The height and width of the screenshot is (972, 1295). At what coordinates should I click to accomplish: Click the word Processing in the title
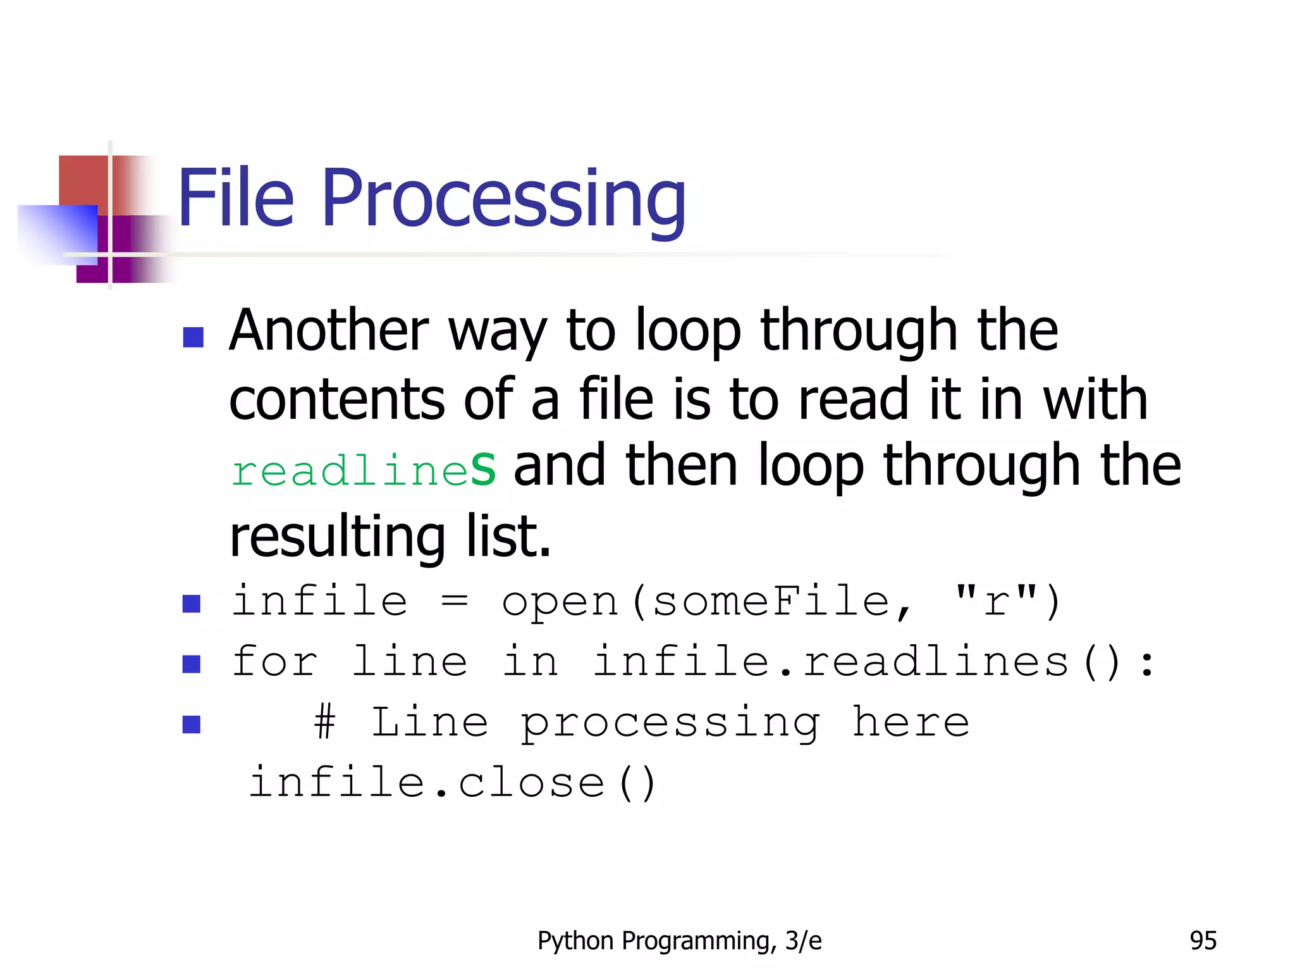pyautogui.click(x=504, y=199)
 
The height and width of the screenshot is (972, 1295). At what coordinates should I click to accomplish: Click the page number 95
pyautogui.click(x=1203, y=941)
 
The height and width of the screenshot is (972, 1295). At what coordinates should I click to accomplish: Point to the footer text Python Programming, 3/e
pyautogui.click(x=679, y=941)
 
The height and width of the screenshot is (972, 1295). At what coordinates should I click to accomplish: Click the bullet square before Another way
pyautogui.click(x=193, y=337)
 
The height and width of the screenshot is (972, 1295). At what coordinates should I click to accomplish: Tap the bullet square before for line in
pyautogui.click(x=191, y=664)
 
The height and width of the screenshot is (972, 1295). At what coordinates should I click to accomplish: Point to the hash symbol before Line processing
pyautogui.click(x=324, y=722)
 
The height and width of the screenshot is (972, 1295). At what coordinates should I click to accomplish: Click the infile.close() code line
pyautogui.click(x=452, y=783)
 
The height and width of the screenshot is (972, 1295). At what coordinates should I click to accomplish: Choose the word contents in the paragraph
pyautogui.click(x=336, y=400)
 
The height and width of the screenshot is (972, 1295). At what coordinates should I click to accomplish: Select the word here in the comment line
pyautogui.click(x=910, y=722)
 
